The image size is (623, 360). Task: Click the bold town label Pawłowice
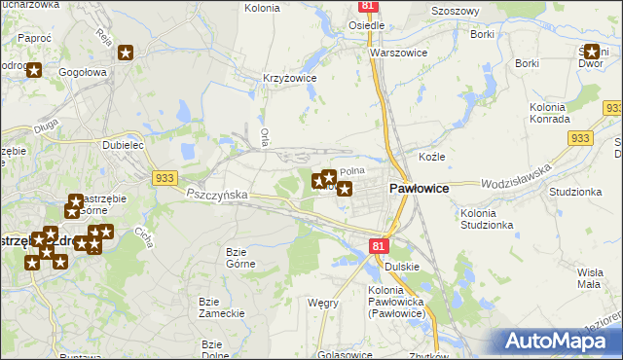(x=419, y=190)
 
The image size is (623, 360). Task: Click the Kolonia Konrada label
(x=549, y=112)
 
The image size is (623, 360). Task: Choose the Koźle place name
(x=431, y=157)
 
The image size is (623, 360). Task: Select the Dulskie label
(x=401, y=266)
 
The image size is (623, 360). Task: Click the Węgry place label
(x=322, y=303)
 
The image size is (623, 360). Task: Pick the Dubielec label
(x=124, y=144)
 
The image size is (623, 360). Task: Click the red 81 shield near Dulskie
(x=380, y=247)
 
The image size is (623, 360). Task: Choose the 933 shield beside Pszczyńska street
(x=164, y=177)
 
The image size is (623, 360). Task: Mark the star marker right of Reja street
(x=126, y=53)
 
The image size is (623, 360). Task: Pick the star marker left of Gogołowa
(x=34, y=70)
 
